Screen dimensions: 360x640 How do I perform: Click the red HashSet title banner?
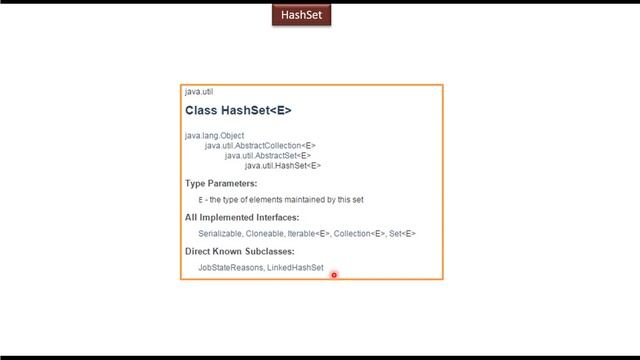point(300,15)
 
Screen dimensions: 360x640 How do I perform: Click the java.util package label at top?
point(198,92)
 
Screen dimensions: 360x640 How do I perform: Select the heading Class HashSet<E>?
point(238,111)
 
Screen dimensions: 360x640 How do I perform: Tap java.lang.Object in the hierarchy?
point(214,135)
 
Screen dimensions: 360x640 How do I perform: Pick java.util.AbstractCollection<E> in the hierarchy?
point(260,146)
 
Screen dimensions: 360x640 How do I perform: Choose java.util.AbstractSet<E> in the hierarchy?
point(268,156)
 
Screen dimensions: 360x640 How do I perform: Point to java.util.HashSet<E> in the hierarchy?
point(283,166)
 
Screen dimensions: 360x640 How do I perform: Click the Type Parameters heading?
point(221,184)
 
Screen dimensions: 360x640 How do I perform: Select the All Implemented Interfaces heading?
point(242,217)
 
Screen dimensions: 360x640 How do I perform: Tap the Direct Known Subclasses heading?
point(239,251)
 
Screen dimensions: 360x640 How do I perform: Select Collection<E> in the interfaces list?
point(359,234)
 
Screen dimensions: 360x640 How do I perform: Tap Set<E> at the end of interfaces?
point(402,234)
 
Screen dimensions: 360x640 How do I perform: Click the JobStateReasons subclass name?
point(230,268)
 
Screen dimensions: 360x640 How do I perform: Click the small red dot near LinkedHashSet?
point(334,275)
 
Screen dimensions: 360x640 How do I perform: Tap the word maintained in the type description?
point(312,200)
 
